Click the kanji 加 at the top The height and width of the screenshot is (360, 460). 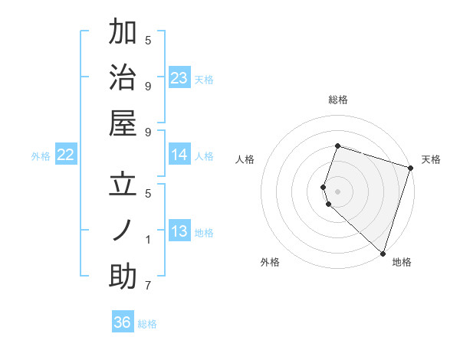[123, 33]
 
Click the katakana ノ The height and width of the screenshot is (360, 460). [123, 231]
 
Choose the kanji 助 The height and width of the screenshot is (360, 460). [123, 277]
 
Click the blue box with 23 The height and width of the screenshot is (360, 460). [179, 78]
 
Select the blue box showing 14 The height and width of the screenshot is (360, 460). [179, 155]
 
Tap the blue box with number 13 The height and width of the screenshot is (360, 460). [179, 232]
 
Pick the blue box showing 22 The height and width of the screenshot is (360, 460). [66, 155]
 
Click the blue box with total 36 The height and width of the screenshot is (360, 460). [123, 322]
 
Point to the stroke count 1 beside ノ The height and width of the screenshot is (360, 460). [148, 240]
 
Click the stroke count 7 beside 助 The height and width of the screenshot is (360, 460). [148, 286]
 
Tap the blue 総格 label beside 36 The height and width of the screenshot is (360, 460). [148, 324]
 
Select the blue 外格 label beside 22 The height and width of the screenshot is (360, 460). [41, 156]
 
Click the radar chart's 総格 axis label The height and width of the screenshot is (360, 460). [338, 100]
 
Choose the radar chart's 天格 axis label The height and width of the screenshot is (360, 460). [431, 159]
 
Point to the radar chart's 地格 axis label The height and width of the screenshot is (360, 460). [402, 262]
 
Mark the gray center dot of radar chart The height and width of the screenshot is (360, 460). [338, 190]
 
